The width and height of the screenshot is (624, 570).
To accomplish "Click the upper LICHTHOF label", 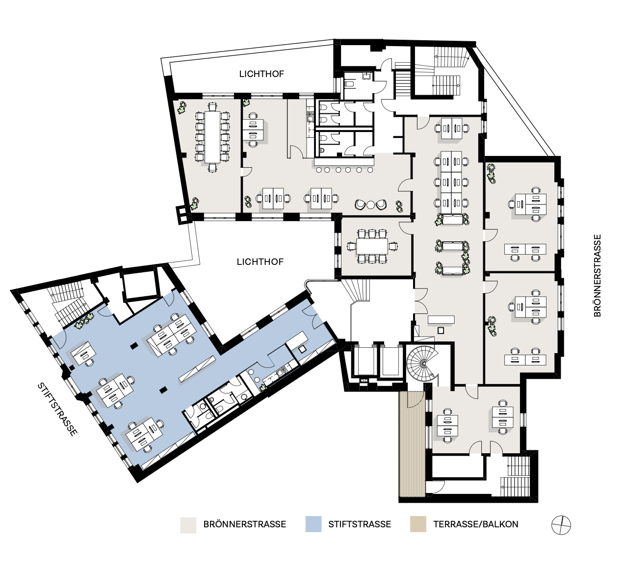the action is (261, 74).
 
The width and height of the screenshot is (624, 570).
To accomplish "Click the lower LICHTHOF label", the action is (260, 261).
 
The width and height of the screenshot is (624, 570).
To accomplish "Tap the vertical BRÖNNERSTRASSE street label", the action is (597, 276).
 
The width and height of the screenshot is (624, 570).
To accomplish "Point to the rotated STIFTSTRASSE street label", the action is (57, 409).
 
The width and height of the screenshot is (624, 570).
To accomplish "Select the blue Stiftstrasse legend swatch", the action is (313, 524).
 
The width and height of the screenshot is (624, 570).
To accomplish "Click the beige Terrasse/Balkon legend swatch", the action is (418, 524).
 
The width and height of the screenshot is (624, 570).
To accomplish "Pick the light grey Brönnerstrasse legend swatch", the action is (188, 525).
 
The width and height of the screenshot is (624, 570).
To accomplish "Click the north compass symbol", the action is (561, 525).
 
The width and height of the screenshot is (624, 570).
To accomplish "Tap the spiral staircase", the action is (422, 363).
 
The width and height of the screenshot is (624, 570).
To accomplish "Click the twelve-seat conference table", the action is (212, 137).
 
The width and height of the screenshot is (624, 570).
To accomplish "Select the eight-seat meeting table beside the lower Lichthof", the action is (372, 246).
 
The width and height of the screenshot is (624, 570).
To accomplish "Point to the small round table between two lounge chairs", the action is (370, 205).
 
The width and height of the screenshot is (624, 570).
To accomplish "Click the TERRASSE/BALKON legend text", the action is (476, 524).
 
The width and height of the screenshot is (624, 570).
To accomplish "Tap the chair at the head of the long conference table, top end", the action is (212, 107).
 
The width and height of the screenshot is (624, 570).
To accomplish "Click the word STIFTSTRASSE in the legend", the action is (360, 524).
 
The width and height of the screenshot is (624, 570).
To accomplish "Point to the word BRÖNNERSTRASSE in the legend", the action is (244, 524).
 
